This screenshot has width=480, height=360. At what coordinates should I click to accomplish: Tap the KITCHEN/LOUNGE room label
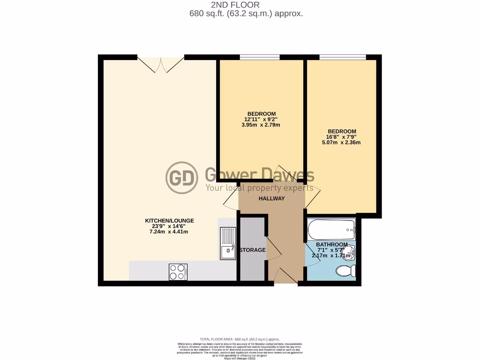(169, 220)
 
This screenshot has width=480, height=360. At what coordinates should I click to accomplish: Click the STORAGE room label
(252, 250)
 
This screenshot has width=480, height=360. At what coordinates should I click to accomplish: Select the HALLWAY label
(272, 198)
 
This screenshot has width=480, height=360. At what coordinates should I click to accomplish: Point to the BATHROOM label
(331, 245)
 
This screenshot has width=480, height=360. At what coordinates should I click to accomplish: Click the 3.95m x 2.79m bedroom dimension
(262, 125)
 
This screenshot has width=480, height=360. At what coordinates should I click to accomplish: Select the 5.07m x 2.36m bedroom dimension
(341, 142)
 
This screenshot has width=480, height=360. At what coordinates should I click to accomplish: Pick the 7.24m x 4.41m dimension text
(169, 232)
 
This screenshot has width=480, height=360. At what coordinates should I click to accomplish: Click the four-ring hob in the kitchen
(178, 272)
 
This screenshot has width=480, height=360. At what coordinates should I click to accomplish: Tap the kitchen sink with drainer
(228, 243)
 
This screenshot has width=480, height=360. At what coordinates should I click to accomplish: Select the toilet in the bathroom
(346, 271)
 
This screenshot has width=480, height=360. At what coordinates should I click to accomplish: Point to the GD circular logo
(182, 178)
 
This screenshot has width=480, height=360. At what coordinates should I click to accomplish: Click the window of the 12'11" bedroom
(260, 57)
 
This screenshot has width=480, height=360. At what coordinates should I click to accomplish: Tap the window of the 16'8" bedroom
(343, 57)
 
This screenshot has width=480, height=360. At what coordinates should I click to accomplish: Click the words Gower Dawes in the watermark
(260, 175)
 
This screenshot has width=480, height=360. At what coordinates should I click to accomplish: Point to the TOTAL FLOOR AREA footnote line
(240, 339)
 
